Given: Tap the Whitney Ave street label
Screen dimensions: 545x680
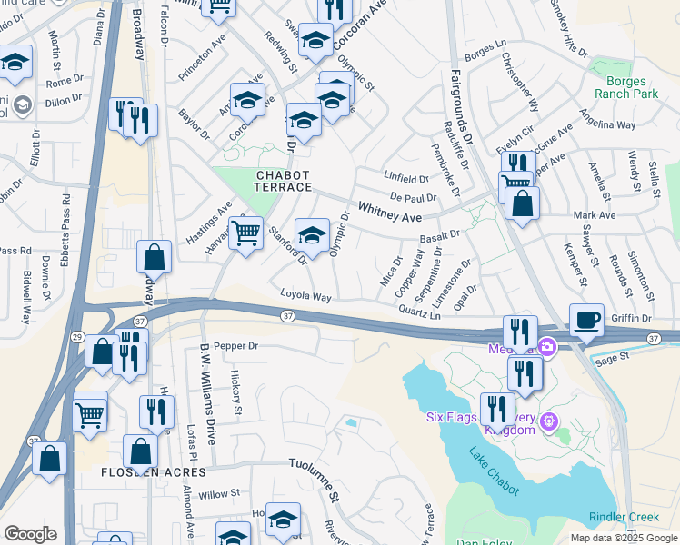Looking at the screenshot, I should tap(390, 213).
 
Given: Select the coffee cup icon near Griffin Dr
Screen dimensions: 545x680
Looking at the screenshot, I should tap(586, 321).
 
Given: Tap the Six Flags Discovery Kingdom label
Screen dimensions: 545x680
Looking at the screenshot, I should tap(482, 423).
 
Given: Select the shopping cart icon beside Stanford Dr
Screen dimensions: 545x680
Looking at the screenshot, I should tap(246, 233).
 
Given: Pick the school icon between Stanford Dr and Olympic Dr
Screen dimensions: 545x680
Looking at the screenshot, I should tap(313, 235).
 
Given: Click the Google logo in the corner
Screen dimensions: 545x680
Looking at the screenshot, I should tap(30, 534).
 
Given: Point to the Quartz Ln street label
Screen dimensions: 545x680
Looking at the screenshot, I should tap(419, 312).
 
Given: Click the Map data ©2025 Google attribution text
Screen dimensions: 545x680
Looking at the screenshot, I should tap(624, 538).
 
